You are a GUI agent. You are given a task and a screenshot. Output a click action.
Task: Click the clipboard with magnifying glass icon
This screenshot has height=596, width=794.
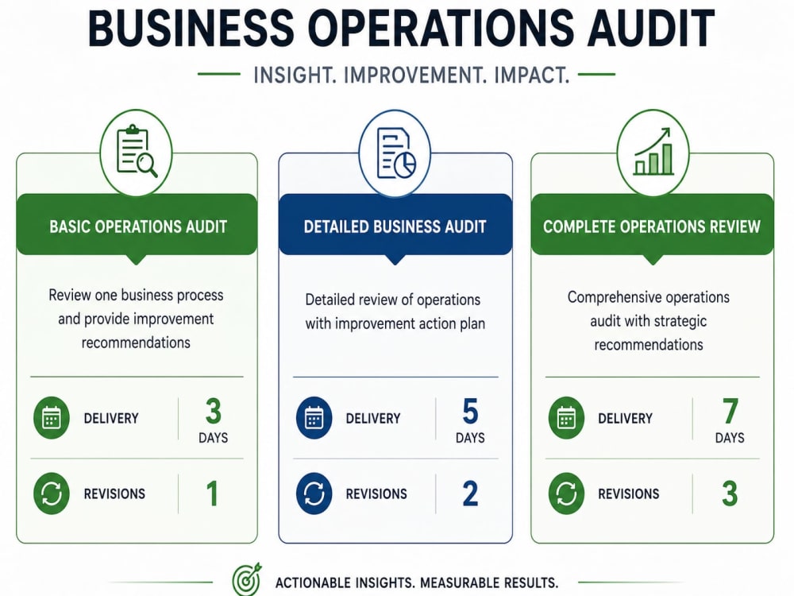137,151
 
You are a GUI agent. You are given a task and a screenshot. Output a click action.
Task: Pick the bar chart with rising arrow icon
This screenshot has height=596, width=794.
653,151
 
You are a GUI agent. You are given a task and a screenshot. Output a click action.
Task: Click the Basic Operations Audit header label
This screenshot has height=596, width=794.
138,226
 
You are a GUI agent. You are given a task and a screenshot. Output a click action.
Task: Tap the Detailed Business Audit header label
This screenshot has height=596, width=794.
395,226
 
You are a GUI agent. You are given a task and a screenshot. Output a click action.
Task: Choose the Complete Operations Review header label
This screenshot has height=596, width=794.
652,226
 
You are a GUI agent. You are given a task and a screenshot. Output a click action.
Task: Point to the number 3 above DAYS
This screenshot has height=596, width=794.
213,411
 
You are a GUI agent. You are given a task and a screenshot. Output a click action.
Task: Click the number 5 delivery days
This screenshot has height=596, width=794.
470,411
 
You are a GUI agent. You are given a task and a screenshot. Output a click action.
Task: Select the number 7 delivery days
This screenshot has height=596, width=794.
730,411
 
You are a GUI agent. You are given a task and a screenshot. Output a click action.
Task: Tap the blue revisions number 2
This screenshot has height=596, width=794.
470,493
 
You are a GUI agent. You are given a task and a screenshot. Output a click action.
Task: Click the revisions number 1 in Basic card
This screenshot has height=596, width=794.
213,493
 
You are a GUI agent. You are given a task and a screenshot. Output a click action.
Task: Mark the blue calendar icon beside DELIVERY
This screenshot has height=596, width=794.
314,418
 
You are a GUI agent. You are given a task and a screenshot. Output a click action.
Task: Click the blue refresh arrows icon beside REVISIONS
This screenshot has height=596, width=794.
314,493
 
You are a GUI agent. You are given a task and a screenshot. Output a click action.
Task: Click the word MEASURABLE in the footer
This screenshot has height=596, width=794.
460,582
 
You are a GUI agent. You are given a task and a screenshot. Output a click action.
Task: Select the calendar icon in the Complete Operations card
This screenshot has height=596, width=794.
566,418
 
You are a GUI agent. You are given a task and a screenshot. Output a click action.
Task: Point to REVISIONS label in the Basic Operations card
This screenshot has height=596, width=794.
114,493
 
